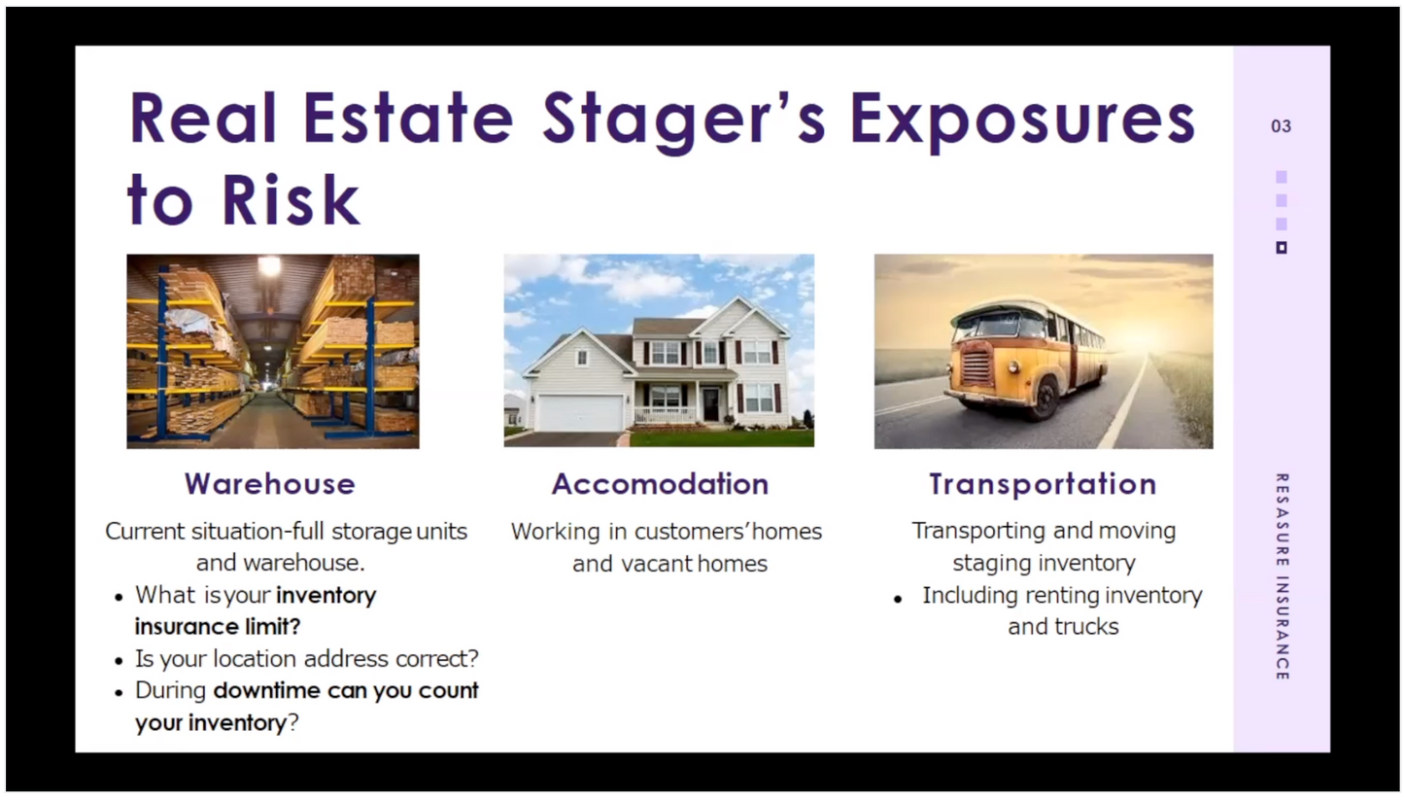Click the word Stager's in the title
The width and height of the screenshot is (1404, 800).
pyautogui.click(x=684, y=118)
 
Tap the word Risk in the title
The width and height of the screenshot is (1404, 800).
pyautogui.click(x=291, y=200)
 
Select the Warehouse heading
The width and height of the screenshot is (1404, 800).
pyautogui.click(x=270, y=484)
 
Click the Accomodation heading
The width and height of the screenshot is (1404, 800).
pyautogui.click(x=660, y=484)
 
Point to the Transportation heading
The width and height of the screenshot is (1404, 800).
pyautogui.click(x=1043, y=484)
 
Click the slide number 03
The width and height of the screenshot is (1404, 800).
pyautogui.click(x=1281, y=126)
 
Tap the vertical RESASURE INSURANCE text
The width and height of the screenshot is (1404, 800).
pyautogui.click(x=1282, y=576)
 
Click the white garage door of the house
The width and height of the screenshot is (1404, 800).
pyautogui.click(x=579, y=412)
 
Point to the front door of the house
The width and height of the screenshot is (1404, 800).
pyautogui.click(x=711, y=403)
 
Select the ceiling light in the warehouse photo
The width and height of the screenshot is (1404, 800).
pyautogui.click(x=269, y=265)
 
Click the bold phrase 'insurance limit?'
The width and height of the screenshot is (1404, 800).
pyautogui.click(x=218, y=627)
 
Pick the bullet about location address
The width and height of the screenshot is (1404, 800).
pyautogui.click(x=306, y=659)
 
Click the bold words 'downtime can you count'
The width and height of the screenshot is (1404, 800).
pyautogui.click(x=346, y=691)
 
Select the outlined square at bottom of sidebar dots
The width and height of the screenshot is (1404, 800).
pyautogui.click(x=1281, y=248)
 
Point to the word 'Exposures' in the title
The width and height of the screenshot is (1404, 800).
pyautogui.click(x=1021, y=118)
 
